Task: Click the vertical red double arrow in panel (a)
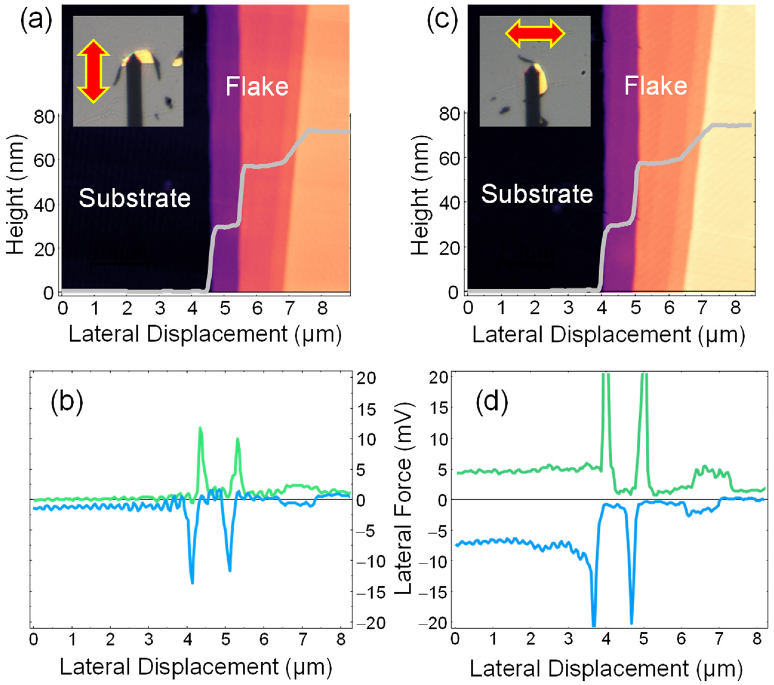93,71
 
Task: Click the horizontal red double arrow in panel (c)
535,34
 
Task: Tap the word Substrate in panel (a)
134,198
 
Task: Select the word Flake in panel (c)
655,86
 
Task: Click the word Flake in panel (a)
257,86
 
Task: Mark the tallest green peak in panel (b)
200,428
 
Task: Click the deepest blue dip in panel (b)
192,582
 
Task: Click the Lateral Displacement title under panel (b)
196,667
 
